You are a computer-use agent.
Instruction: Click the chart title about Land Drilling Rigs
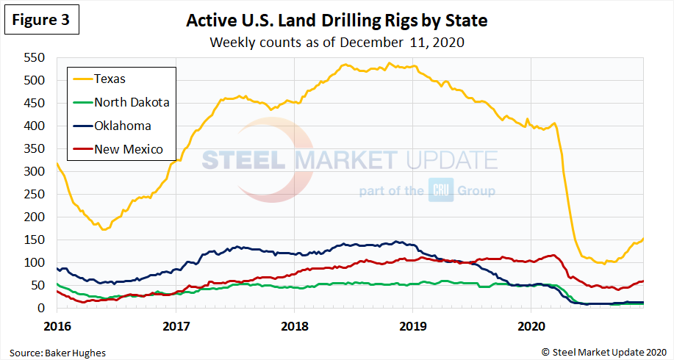(x=337, y=21)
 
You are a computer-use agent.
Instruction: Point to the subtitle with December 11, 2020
(x=337, y=42)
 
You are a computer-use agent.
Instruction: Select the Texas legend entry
(x=110, y=79)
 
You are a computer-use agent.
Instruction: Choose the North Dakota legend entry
(x=131, y=102)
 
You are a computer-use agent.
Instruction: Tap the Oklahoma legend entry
(x=122, y=126)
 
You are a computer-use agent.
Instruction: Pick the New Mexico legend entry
(x=128, y=149)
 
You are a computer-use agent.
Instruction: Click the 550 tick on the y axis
(x=35, y=58)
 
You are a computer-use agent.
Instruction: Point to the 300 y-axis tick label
(x=35, y=172)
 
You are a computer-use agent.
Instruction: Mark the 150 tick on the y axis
(x=35, y=240)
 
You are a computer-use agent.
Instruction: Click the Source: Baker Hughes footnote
(x=57, y=353)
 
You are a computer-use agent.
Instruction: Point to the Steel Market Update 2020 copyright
(x=603, y=353)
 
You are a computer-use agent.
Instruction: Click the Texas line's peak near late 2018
(x=388, y=64)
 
